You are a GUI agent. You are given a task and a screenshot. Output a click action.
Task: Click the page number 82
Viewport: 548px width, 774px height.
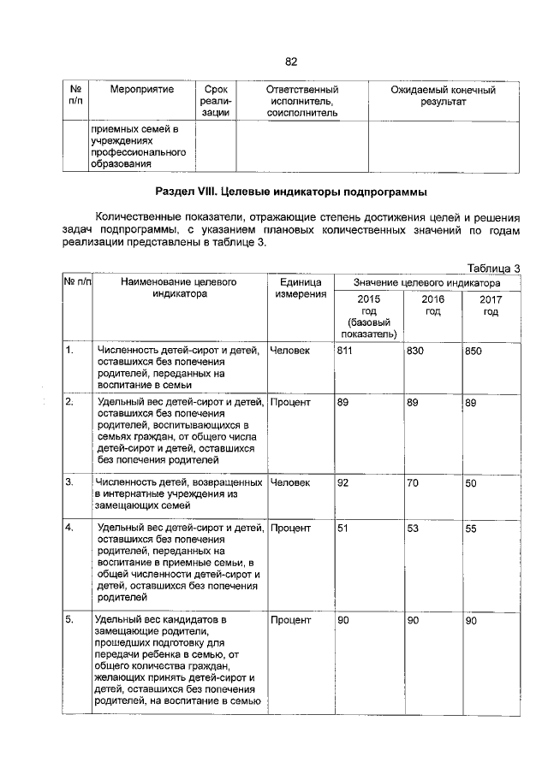(290, 62)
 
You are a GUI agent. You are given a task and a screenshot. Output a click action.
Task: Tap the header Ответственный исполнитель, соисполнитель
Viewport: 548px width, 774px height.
(302, 101)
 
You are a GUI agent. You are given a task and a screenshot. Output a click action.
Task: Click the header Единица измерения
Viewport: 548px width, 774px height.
(300, 288)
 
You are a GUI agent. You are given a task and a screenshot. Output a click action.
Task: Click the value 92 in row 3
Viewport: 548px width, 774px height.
(342, 482)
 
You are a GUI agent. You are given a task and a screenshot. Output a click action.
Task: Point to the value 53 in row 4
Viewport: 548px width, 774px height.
(414, 529)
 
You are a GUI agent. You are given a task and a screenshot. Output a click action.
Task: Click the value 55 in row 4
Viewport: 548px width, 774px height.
(471, 529)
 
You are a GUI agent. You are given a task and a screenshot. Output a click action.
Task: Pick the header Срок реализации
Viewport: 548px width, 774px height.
(210, 101)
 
